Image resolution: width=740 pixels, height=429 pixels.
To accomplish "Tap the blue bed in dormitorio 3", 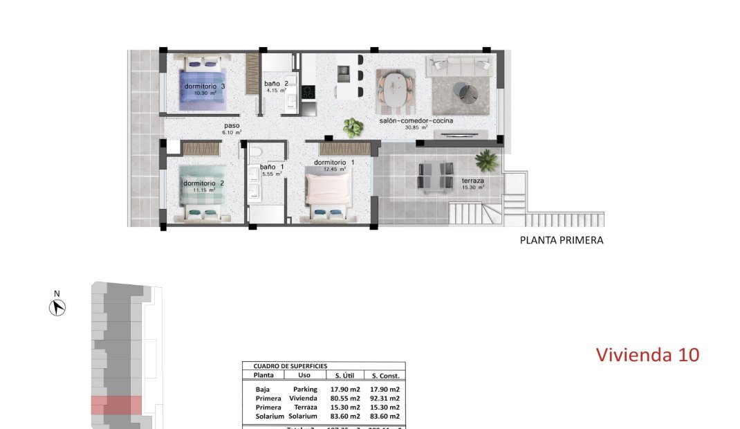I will coord(204,86).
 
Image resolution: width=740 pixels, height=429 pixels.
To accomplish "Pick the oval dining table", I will coord(396,90).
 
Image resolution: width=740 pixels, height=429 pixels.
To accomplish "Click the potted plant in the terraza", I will coord(486,161).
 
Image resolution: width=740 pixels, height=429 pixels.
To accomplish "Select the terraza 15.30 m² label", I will coord(473,183).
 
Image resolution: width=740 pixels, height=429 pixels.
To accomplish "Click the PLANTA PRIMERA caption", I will coord(561,241).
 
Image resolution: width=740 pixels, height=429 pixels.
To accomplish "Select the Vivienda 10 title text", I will coord(647,355).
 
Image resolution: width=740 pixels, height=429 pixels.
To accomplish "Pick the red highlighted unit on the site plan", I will coord(116,405).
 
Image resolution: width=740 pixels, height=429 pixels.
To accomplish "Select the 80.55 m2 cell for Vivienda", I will coord(345,398).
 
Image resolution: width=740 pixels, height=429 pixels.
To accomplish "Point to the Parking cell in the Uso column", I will coord(305,389).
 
